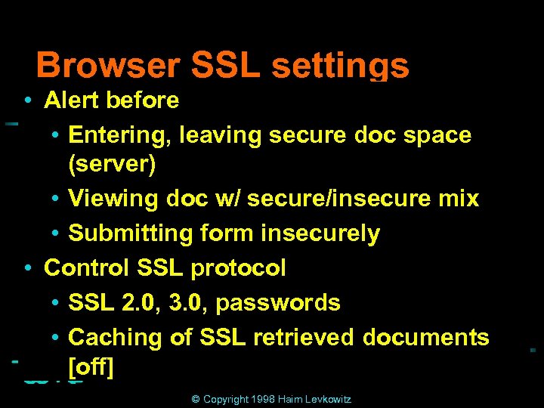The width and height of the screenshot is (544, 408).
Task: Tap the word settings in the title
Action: point(340,66)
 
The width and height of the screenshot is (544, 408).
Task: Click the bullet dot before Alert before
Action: point(27,100)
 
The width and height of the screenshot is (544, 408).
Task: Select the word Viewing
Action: point(113,199)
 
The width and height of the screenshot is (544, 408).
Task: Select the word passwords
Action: point(278,303)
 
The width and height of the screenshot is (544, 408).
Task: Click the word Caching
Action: point(114,338)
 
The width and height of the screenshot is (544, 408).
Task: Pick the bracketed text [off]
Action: point(91,368)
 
